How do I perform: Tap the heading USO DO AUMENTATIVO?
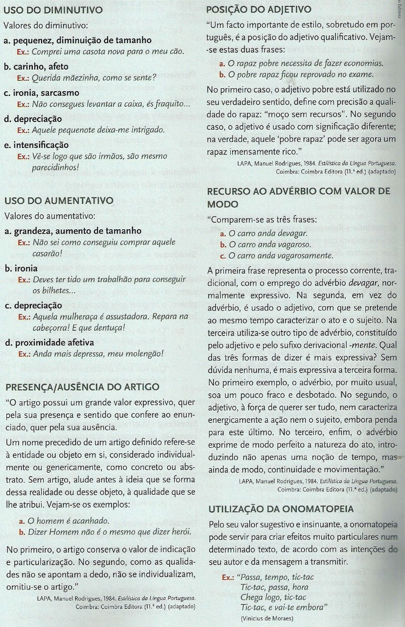pyautogui.click(x=58, y=201)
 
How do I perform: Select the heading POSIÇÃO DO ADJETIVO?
pyautogui.click(x=259, y=10)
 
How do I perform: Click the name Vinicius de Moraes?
pyautogui.click(x=267, y=618)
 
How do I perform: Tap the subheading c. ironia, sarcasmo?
pyautogui.click(x=41, y=93)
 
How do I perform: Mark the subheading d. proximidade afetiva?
pyautogui.click(x=49, y=342)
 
